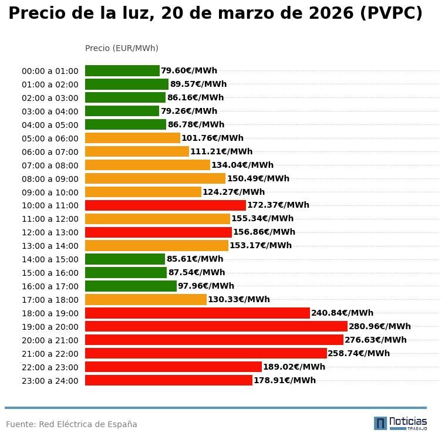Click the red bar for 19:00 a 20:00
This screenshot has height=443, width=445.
coord(216,326)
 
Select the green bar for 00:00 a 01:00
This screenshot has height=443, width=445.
coord(122,70)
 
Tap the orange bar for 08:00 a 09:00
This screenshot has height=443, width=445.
coord(155,178)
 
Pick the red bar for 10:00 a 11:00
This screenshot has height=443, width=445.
coord(165,205)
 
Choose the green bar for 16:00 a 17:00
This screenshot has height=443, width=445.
coord(130,286)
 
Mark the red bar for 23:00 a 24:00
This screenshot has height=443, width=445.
coord(168,380)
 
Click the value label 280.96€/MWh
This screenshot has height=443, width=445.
coord(380,326)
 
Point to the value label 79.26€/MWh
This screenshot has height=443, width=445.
coord(189,111)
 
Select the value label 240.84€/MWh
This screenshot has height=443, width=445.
coord(342,313)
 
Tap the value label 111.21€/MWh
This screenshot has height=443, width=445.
coord(221,151)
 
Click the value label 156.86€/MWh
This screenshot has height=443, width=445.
coord(264,232)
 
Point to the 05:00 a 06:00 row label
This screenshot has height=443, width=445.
coord(50,138)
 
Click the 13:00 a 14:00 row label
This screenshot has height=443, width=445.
coord(50,246)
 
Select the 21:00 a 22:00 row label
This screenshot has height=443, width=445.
coord(50,354)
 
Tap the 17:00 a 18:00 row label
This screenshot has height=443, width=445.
coord(50,300)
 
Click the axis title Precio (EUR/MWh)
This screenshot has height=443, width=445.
coord(122,48)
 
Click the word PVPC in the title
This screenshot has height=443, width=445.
coord(391,13)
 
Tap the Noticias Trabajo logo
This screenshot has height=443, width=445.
coord(400,423)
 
